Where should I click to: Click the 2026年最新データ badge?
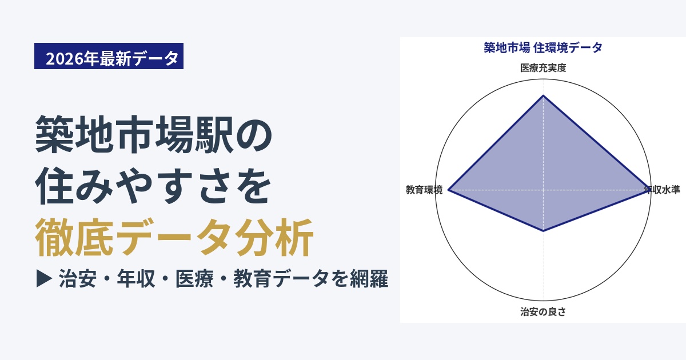[109, 56]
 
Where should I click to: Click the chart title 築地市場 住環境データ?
[543, 48]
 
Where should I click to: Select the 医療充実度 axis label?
[543, 67]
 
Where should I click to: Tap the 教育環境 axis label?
[424, 190]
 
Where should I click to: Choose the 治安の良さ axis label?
[543, 311]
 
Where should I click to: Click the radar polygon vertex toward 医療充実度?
[543, 96]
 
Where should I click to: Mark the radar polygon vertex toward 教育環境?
[448, 190]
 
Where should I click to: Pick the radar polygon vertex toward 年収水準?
[648, 190]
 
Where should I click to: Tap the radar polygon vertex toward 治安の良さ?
[543, 231]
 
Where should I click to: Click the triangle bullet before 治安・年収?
[44, 278]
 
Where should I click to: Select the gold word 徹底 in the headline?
[74, 237]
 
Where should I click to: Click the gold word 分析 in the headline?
[274, 237]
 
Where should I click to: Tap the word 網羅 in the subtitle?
[369, 279]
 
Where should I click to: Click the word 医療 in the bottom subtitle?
[194, 279]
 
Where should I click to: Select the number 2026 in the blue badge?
[65, 58]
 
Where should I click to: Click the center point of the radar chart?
[543, 190]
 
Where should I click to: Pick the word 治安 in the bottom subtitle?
[78, 279]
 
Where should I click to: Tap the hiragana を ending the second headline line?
[253, 186]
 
